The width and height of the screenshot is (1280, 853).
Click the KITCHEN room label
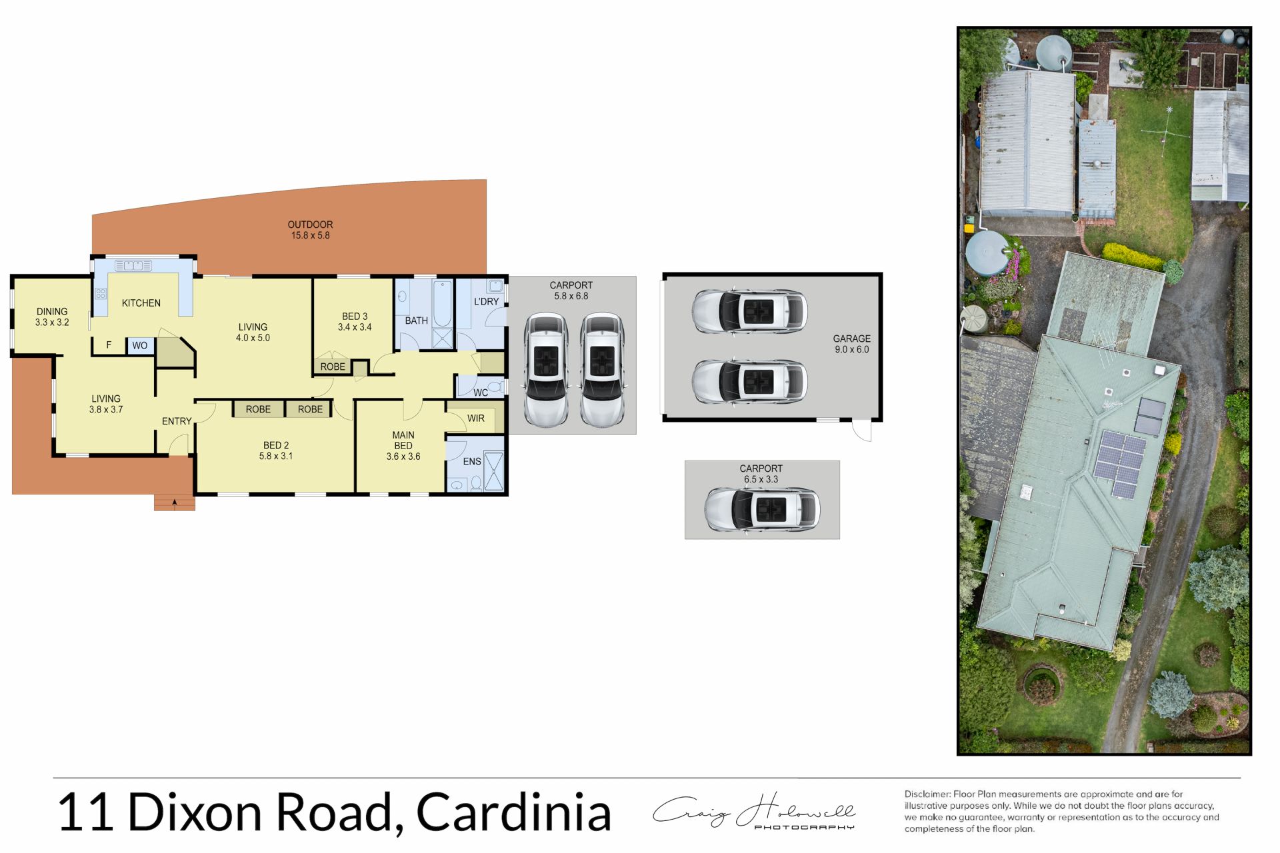[141, 303]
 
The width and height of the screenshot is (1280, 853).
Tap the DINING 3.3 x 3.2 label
[52, 317]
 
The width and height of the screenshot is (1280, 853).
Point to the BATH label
[416, 321]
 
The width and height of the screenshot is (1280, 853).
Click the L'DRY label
[486, 302]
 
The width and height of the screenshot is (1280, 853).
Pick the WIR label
[475, 419]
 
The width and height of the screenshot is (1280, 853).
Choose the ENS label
[471, 461]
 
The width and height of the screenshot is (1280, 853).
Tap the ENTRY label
[177, 421]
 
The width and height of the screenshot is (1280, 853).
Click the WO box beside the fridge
[140, 345]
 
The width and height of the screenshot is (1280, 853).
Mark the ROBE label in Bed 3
[333, 367]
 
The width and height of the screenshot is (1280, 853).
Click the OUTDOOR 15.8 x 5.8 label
[310, 230]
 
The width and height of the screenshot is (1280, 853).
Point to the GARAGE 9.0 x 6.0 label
[851, 344]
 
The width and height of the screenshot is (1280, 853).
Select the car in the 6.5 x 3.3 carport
[762, 510]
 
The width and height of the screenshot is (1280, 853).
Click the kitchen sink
[133, 266]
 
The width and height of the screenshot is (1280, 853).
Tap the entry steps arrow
[175, 503]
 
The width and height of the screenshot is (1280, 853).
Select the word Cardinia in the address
[513, 812]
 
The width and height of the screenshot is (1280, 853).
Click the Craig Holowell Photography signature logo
[754, 812]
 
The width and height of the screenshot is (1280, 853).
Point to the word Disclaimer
[927, 794]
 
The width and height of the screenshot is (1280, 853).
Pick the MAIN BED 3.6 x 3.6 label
[403, 446]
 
